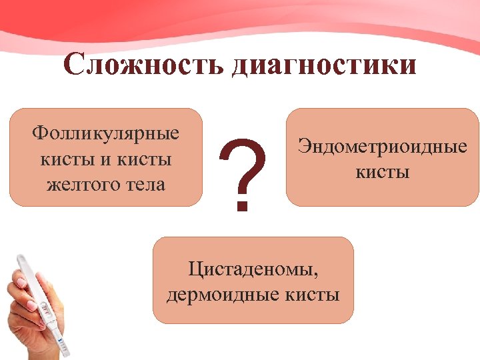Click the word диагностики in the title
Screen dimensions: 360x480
point(325,67)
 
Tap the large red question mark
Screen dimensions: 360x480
point(243,167)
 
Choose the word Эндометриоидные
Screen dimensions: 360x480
point(383,146)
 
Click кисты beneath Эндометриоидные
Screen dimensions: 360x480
point(383,172)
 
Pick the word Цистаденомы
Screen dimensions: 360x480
point(253,269)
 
